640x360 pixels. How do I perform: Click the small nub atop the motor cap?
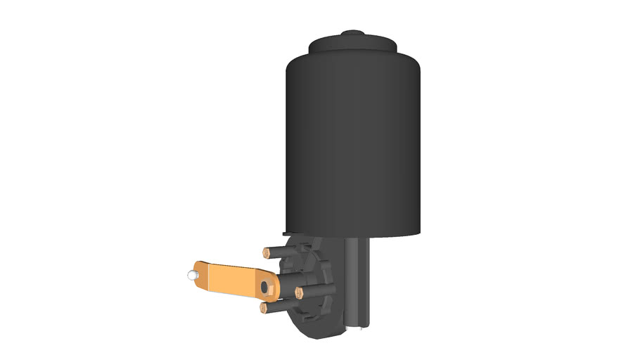[352, 32]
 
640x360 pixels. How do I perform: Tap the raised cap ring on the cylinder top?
[352, 45]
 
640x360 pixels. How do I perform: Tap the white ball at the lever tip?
[190, 275]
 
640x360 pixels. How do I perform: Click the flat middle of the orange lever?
[232, 278]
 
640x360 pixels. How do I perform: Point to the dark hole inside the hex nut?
[265, 287]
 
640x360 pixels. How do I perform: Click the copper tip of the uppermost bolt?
[267, 252]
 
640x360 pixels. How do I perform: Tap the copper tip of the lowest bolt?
[263, 308]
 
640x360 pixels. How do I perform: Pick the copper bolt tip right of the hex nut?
[299, 293]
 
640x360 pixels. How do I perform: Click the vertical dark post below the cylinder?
[358, 281]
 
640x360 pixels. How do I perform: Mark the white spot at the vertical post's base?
[359, 326]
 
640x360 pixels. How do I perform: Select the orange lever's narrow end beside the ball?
[199, 275]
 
